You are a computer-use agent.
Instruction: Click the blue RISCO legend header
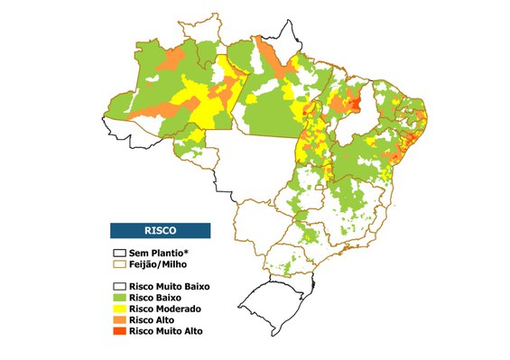tap(160, 230)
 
